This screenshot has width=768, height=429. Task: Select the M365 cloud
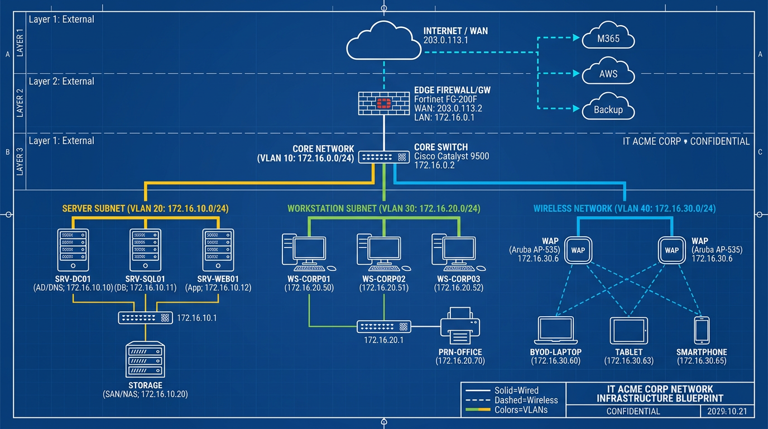[x=608, y=39]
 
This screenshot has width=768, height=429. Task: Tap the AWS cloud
[x=608, y=73]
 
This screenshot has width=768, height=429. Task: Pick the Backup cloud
[x=608, y=108]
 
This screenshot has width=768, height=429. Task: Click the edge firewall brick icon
[x=383, y=103]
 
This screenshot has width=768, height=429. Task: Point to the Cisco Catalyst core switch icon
[x=384, y=158]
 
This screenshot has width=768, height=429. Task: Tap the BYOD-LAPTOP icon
[x=555, y=331]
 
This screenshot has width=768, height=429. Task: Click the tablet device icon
[x=628, y=331]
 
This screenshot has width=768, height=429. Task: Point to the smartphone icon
[x=702, y=330]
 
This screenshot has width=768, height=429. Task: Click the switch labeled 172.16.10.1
[x=145, y=318]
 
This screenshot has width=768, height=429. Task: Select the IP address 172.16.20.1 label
[x=383, y=340]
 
